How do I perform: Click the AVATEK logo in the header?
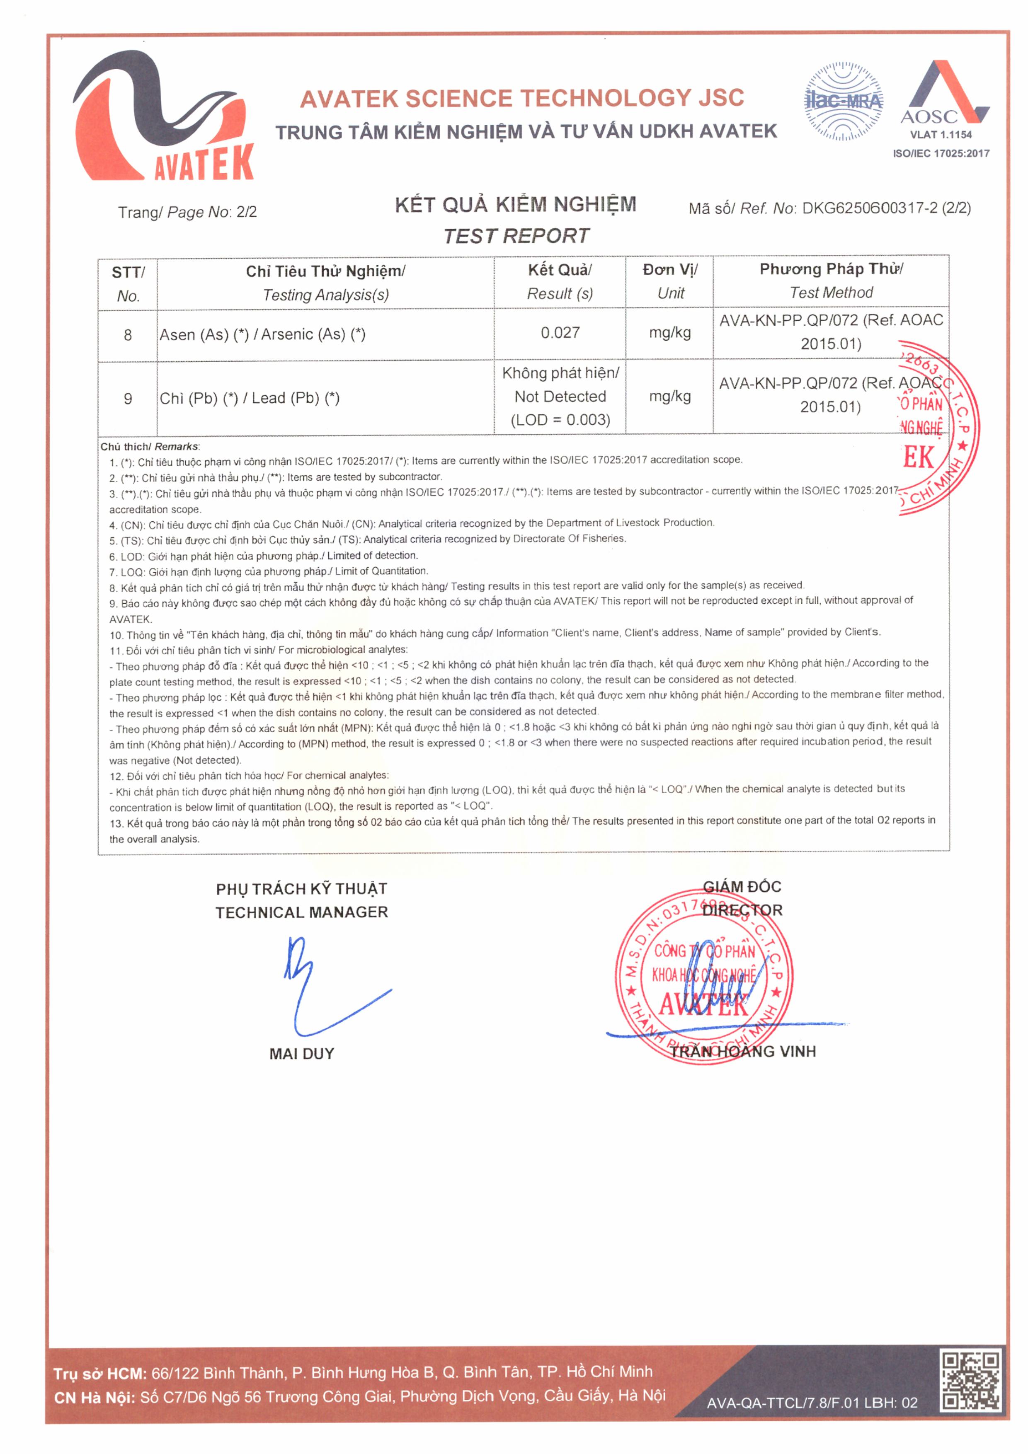click(x=163, y=117)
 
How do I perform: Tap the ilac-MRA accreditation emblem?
click(x=843, y=102)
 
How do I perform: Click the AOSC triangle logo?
click(x=944, y=93)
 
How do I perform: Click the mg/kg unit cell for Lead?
click(x=669, y=397)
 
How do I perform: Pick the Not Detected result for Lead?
click(x=560, y=397)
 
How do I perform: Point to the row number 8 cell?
click(x=128, y=335)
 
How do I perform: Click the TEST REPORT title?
click(x=516, y=236)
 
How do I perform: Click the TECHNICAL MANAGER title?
click(x=301, y=912)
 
